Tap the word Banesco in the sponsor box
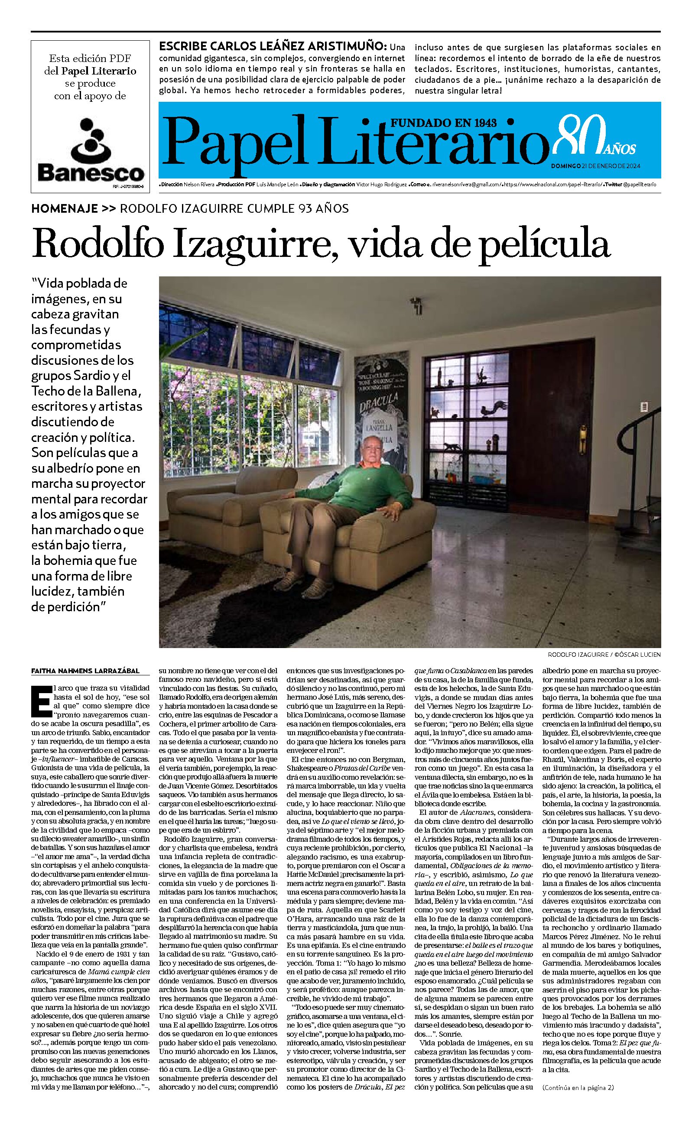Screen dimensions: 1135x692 pos(90,173)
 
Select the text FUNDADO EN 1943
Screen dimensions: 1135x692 pos(444,123)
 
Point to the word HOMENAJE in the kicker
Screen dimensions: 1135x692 pos(65,208)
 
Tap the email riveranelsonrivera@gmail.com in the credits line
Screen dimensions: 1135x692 pos(467,184)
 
